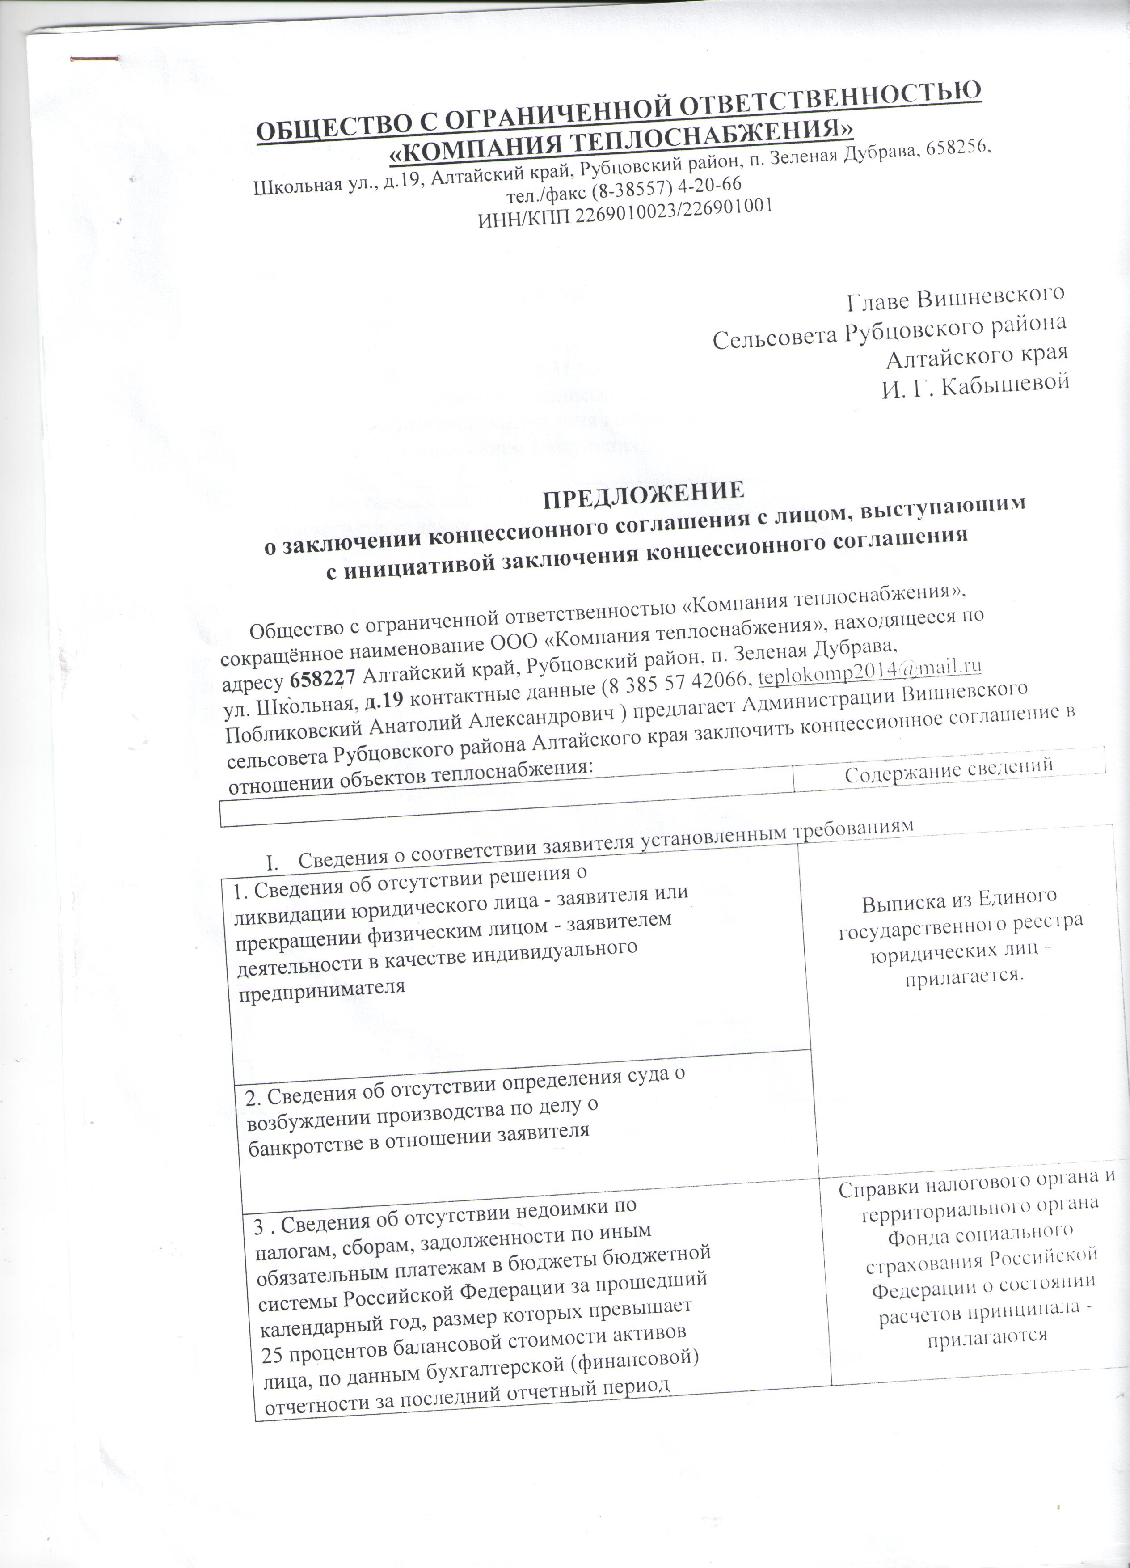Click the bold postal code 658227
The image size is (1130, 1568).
pos(323,680)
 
